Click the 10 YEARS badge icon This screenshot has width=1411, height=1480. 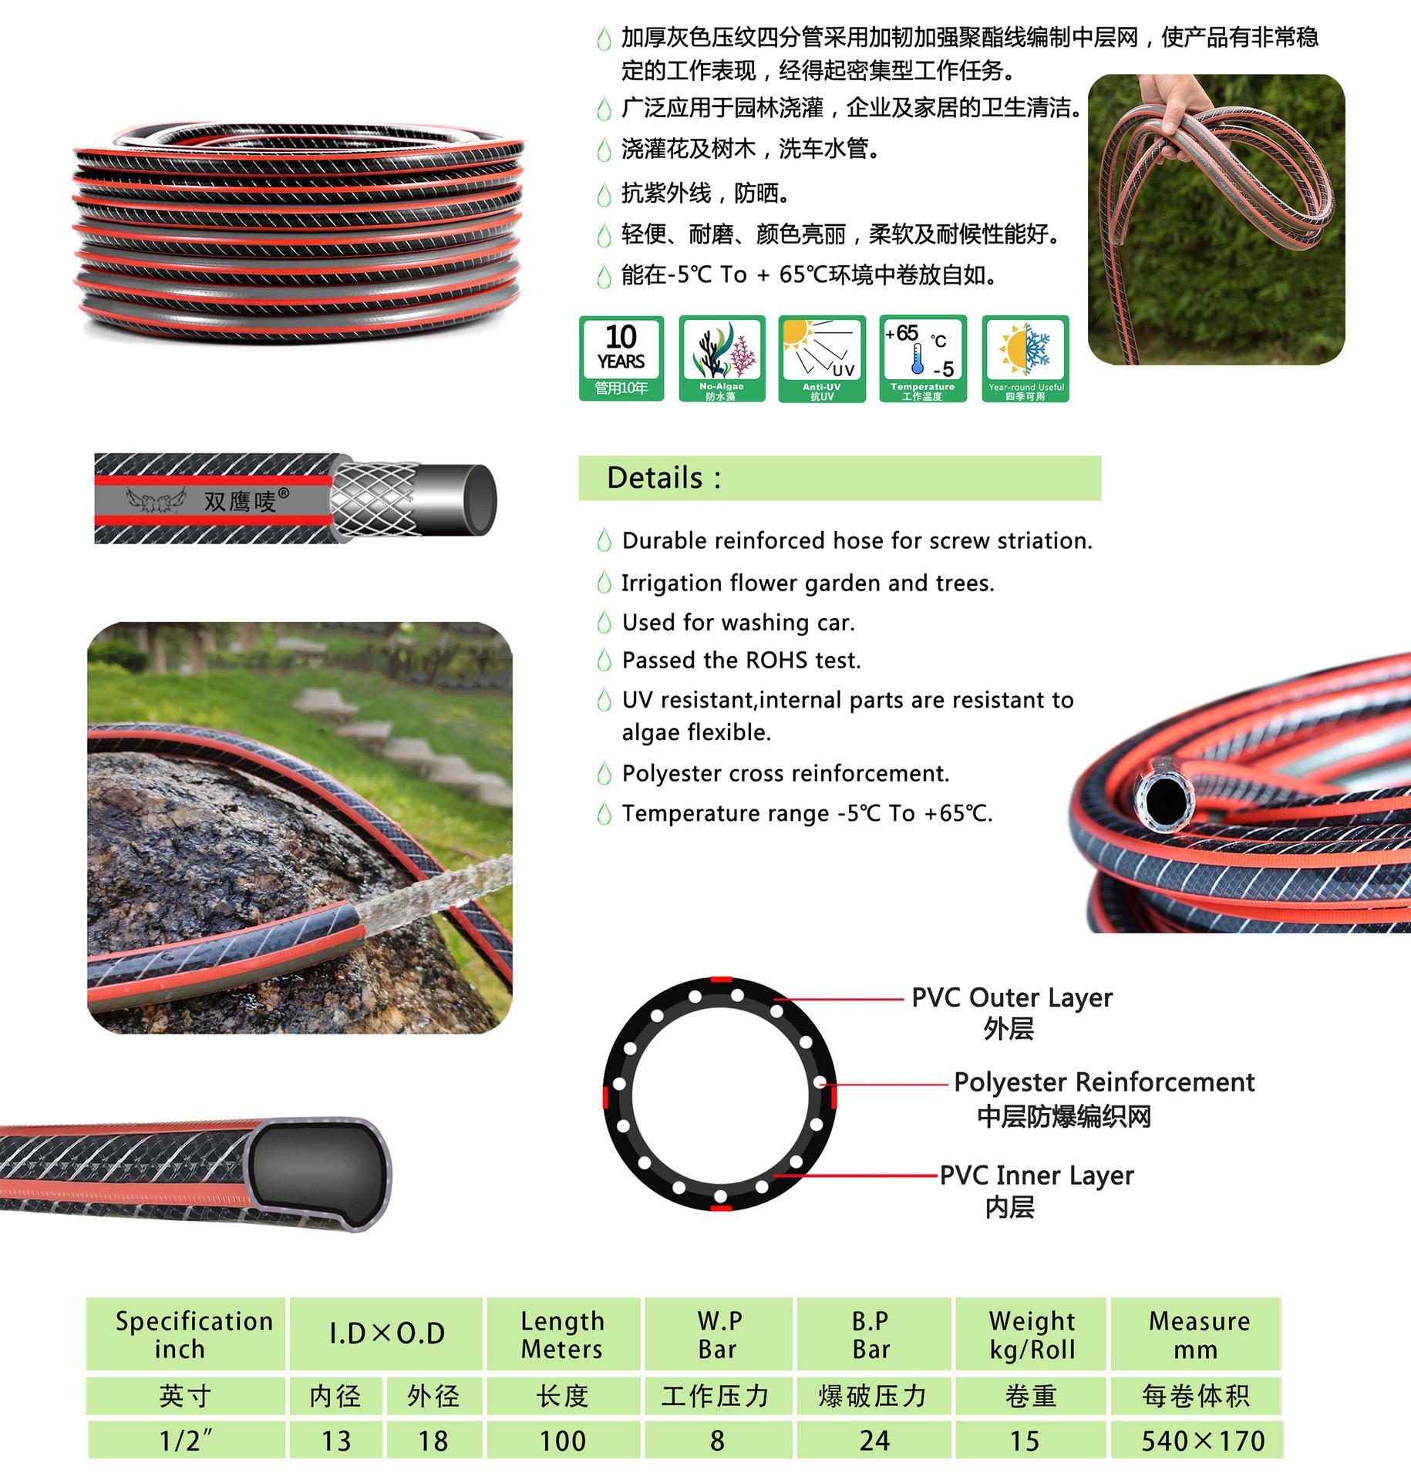click(621, 358)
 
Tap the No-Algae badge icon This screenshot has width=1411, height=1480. click(722, 358)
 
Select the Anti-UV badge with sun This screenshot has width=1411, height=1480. click(822, 358)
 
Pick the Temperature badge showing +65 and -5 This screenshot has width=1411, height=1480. click(922, 358)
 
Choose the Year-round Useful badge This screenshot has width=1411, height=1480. click(1025, 358)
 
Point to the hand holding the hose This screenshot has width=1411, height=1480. click(1176, 108)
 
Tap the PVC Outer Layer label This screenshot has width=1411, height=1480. click(1012, 998)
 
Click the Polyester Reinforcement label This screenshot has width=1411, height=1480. click(1104, 1082)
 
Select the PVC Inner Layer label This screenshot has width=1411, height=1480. click(1036, 1176)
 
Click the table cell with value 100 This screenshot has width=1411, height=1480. click(563, 1441)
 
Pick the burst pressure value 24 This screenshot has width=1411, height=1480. click(874, 1441)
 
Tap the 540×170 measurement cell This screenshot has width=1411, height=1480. click(1203, 1441)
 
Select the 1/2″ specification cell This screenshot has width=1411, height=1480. click(185, 1441)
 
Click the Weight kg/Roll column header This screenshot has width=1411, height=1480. click(1032, 1335)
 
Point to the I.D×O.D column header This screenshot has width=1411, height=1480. click(387, 1334)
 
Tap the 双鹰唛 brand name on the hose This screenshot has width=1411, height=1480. click(240, 501)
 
